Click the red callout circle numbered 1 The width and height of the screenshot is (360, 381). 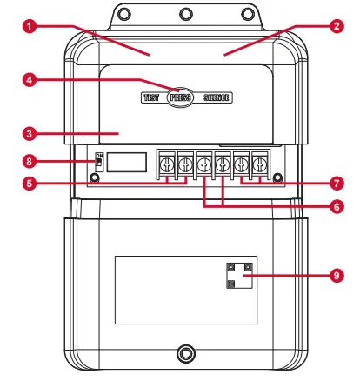(30, 27)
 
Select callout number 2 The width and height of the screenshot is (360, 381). (336, 27)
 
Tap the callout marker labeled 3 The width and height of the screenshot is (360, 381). (30, 134)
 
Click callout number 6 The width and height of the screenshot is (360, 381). (336, 207)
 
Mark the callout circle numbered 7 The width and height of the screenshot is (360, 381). (336, 184)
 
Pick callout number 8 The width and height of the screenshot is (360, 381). (30, 160)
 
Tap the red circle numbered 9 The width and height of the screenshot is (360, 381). (336, 275)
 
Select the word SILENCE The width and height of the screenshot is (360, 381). (217, 98)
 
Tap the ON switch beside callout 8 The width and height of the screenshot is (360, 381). (98, 161)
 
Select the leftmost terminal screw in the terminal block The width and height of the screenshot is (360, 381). (165, 163)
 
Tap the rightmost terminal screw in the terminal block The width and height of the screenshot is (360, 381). (258, 163)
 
